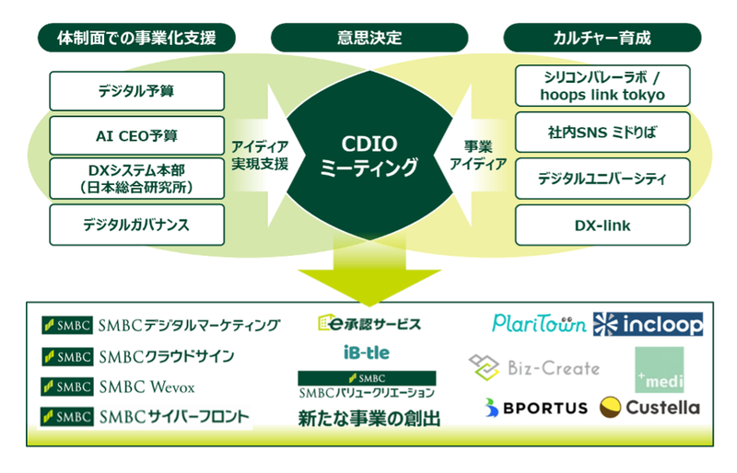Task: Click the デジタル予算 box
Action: click(136, 91)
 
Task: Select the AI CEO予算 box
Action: click(136, 135)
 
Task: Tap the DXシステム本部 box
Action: click(136, 179)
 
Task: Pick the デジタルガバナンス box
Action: click(136, 224)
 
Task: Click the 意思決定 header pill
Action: click(368, 38)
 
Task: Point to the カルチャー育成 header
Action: click(602, 38)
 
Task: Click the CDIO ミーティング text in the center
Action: click(368, 156)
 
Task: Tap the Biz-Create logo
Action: click(534, 367)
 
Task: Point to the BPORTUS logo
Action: click(534, 408)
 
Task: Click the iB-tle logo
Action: click(368, 352)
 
